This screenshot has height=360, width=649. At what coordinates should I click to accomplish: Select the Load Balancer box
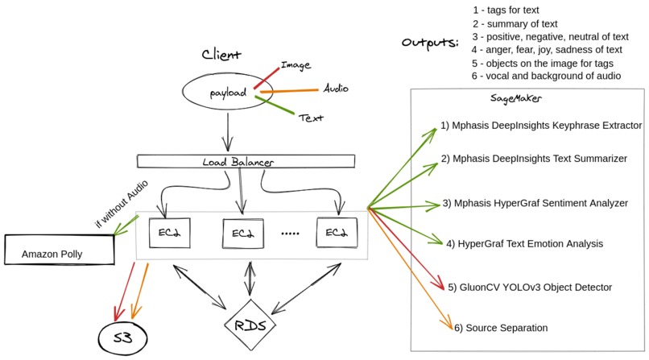pyautogui.click(x=246, y=162)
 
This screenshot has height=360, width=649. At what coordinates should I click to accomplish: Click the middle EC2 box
pyautogui.click(x=243, y=234)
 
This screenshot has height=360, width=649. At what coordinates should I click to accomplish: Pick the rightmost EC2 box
pyautogui.click(x=335, y=234)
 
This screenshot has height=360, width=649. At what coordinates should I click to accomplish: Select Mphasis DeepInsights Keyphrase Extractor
pyautogui.click(x=541, y=126)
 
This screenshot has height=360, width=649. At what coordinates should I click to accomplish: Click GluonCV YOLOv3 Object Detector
pyautogui.click(x=530, y=287)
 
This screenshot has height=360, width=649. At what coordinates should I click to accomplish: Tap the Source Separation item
pyautogui.click(x=501, y=328)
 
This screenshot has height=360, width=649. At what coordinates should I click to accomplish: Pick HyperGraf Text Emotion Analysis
pyautogui.click(x=524, y=242)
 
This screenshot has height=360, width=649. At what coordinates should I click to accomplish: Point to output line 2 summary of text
pyautogui.click(x=526, y=23)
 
